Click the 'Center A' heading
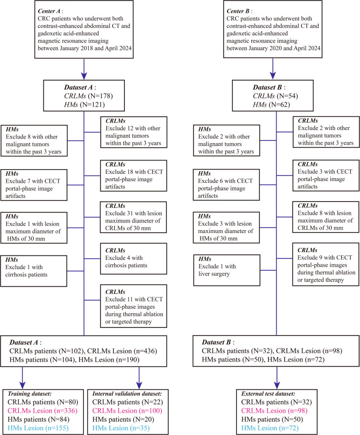click(x=49, y=11)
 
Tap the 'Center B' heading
click(x=238, y=11)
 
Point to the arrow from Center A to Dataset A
click(x=84, y=69)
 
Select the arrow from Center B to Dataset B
click(x=273, y=69)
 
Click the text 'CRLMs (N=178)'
click(x=88, y=96)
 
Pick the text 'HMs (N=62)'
click(x=272, y=104)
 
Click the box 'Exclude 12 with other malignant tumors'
click(x=134, y=132)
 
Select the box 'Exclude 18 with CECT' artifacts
click(x=134, y=176)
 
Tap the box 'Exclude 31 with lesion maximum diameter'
click(x=134, y=217)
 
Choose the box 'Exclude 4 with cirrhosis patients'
click(x=134, y=259)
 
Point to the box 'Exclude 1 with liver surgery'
click(x=226, y=270)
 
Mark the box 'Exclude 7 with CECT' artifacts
click(x=34, y=185)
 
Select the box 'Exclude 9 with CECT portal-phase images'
click(x=326, y=264)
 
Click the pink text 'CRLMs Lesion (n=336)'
click(x=42, y=410)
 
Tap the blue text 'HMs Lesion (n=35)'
click(x=121, y=428)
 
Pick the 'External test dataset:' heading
click(x=268, y=394)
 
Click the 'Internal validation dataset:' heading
click(x=127, y=394)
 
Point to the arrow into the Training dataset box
click(x=22, y=378)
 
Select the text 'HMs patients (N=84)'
click(x=39, y=419)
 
